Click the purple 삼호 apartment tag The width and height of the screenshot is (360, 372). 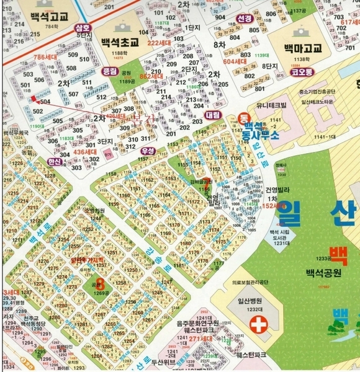pos(82,28)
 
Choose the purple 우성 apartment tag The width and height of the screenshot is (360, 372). pos(148,151)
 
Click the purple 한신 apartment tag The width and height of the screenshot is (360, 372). pos(55,162)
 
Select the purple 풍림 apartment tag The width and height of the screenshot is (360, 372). pos(109,71)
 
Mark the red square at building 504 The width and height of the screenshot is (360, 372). pos(34,98)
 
